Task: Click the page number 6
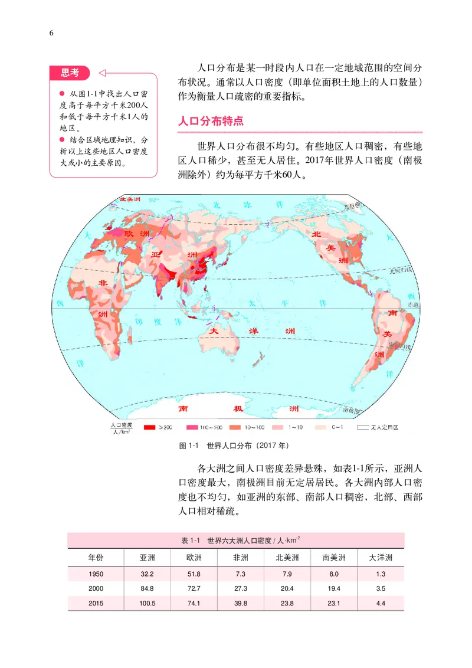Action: [51, 33]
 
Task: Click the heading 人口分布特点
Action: [211, 122]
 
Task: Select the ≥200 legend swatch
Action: [149, 427]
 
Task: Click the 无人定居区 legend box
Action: [364, 427]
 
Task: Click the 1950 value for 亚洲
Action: [147, 574]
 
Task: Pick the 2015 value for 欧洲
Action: [194, 603]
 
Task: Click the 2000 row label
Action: [96, 588]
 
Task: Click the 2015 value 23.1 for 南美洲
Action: [334, 603]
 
